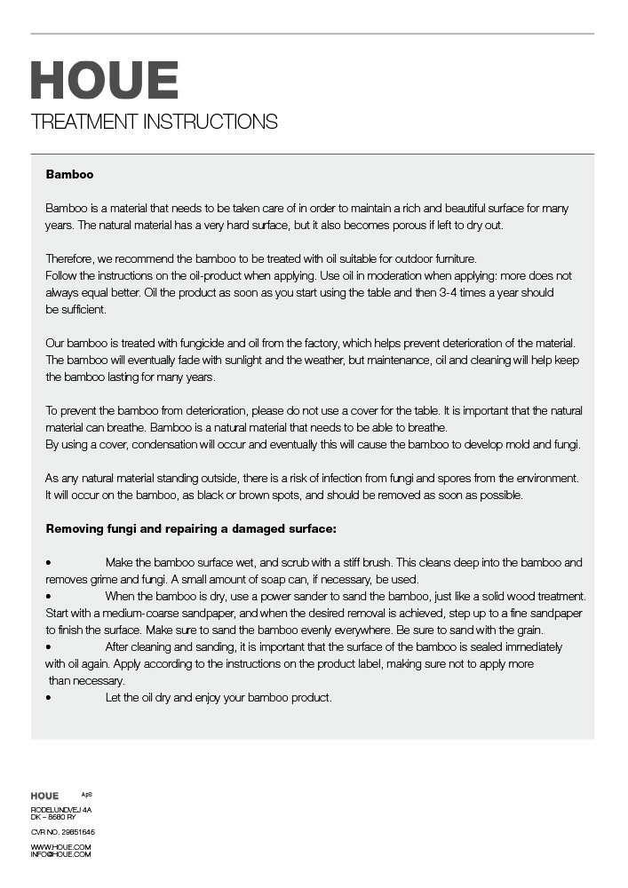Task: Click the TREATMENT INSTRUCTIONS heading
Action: click(x=154, y=122)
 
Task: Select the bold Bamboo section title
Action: click(x=69, y=175)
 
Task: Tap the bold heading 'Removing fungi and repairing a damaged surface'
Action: click(x=191, y=529)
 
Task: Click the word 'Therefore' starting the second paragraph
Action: click(x=68, y=258)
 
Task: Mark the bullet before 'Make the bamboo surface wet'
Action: click(x=48, y=563)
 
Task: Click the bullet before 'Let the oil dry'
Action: click(x=48, y=698)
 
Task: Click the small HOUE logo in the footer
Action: click(x=44, y=796)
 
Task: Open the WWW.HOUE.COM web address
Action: click(x=60, y=847)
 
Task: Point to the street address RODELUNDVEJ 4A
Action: click(x=61, y=810)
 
